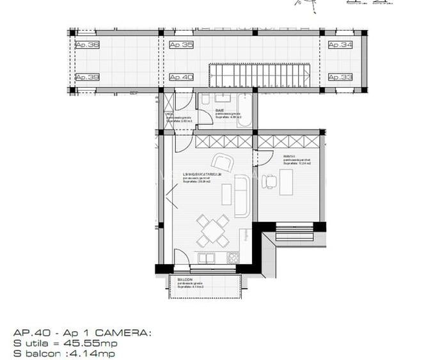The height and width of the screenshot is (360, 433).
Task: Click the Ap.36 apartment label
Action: (87, 45)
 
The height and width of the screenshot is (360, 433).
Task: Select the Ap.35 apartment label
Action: (181, 45)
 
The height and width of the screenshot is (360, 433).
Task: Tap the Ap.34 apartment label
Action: (340, 45)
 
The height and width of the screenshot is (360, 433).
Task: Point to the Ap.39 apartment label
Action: (87, 77)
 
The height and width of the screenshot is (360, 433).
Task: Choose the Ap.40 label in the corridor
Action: (181, 77)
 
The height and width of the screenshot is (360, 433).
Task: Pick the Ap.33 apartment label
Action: (340, 77)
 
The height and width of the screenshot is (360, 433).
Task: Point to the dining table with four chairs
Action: (212, 231)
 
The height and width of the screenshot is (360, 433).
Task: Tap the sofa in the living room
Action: (242, 196)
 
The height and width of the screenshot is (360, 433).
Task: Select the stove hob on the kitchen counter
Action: (233, 258)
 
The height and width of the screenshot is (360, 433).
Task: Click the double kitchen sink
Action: (206, 258)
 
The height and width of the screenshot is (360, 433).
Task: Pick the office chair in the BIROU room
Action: (270, 182)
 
